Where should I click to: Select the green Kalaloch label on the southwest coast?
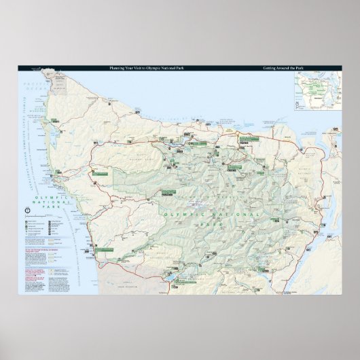[x=102, y=250]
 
